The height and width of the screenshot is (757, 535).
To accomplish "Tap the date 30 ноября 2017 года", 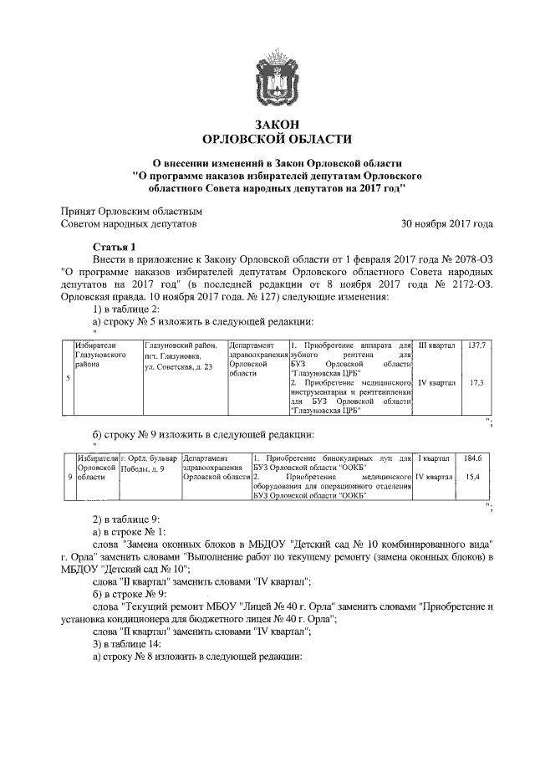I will click(x=446, y=224).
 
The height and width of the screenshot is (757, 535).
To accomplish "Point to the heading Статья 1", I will click(x=112, y=248).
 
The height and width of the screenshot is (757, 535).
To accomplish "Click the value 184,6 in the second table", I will click(x=475, y=458).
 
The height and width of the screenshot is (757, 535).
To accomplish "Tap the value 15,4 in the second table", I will click(x=475, y=477).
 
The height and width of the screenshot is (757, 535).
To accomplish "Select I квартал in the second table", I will click(x=434, y=458).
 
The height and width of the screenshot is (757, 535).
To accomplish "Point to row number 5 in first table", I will click(x=68, y=377).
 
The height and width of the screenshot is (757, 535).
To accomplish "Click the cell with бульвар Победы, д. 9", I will click(x=149, y=464).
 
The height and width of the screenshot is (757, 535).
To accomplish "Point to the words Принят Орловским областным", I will click(x=132, y=212).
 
